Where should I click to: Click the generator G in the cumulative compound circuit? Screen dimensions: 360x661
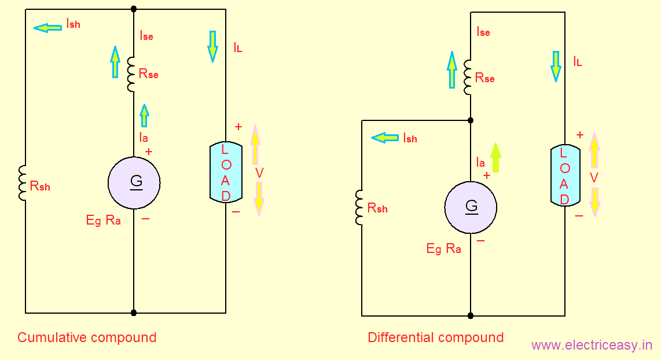coord(134,183)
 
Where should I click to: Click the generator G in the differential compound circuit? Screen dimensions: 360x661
coord(471,207)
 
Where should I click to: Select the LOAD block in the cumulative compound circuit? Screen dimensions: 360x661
coord(226,172)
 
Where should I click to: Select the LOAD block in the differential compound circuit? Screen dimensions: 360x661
coord(564,176)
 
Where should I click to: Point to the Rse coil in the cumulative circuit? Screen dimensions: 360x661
coord(131,74)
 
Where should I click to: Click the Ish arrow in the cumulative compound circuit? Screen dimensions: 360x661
coord(47,27)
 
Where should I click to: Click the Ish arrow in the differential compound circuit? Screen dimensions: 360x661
coord(385,138)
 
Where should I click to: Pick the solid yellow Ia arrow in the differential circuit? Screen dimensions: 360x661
coord(495,157)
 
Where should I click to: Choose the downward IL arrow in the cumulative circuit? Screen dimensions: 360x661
coord(212,46)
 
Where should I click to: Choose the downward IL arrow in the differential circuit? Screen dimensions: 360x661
coord(556,65)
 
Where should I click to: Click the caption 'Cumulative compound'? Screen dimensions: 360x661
coord(87,337)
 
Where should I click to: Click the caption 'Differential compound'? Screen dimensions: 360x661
coord(435,337)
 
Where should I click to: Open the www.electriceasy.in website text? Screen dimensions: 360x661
coord(592,346)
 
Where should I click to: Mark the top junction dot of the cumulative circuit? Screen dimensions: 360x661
coord(134,9)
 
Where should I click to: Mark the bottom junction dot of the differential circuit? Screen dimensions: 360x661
coord(471,316)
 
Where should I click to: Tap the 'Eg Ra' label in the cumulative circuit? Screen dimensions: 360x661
coord(103,220)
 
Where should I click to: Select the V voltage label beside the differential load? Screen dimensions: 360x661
coord(594,177)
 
